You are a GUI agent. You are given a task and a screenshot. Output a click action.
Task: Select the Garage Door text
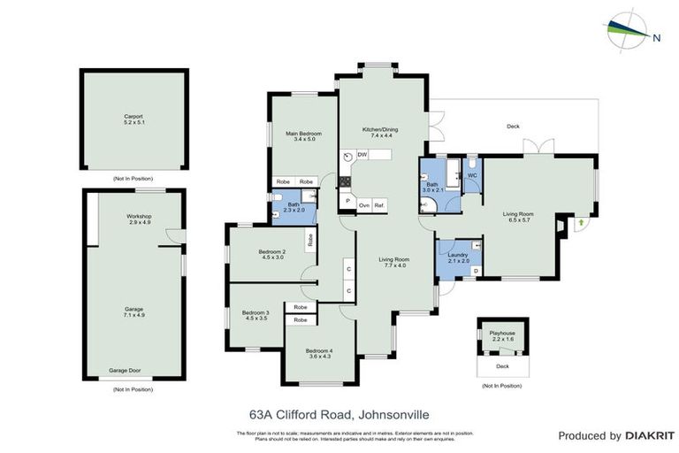125,371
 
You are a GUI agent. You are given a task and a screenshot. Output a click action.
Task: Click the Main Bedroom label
303,134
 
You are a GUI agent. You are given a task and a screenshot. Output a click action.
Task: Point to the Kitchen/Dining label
380,129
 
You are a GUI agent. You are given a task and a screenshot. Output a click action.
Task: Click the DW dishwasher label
362,155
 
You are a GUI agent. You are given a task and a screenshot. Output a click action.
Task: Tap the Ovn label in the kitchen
363,204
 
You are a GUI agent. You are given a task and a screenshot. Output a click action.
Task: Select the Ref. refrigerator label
379,204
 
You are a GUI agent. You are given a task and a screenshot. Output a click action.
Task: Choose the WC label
472,175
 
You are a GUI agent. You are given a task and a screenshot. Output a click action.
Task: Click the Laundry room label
458,255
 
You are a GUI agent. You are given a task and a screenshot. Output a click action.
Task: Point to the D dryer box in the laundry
476,271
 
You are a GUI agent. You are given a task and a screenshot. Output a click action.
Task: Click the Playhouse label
501,334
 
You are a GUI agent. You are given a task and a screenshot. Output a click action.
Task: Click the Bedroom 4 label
319,350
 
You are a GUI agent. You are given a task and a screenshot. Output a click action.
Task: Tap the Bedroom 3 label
255,313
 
